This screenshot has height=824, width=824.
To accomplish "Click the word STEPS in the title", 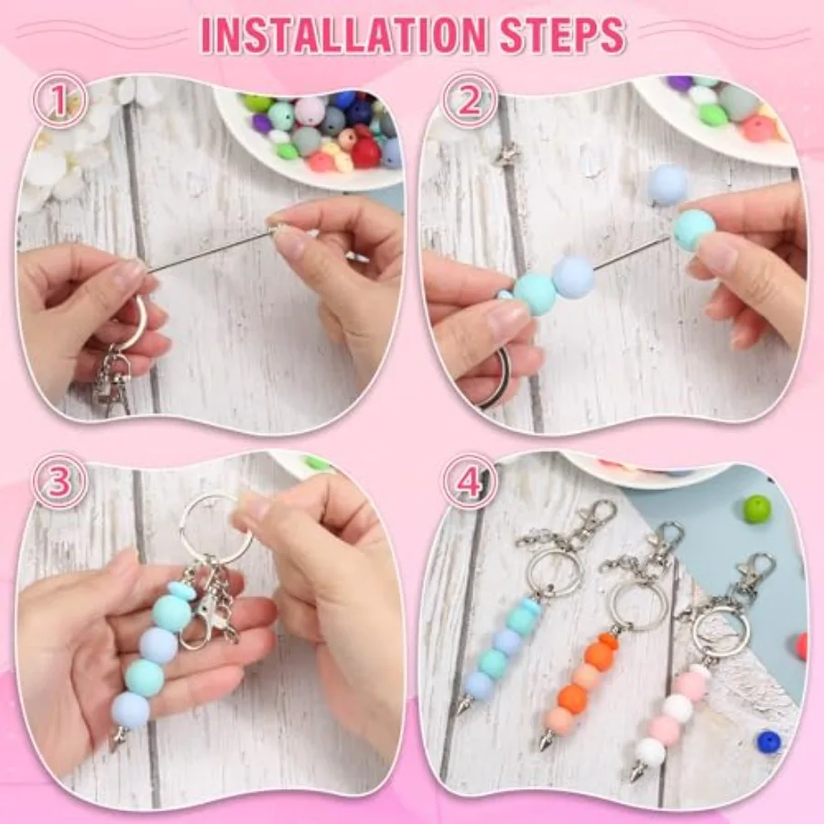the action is click(x=562, y=35).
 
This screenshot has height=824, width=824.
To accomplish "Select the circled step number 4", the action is click(x=469, y=481).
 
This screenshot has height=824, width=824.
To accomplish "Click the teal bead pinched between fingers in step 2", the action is click(x=695, y=230).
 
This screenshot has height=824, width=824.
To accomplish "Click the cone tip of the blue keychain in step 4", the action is click(x=464, y=703).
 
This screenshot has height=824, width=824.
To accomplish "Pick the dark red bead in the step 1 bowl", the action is click(x=365, y=152).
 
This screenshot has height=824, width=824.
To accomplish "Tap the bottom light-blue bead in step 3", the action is click(x=130, y=710).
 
